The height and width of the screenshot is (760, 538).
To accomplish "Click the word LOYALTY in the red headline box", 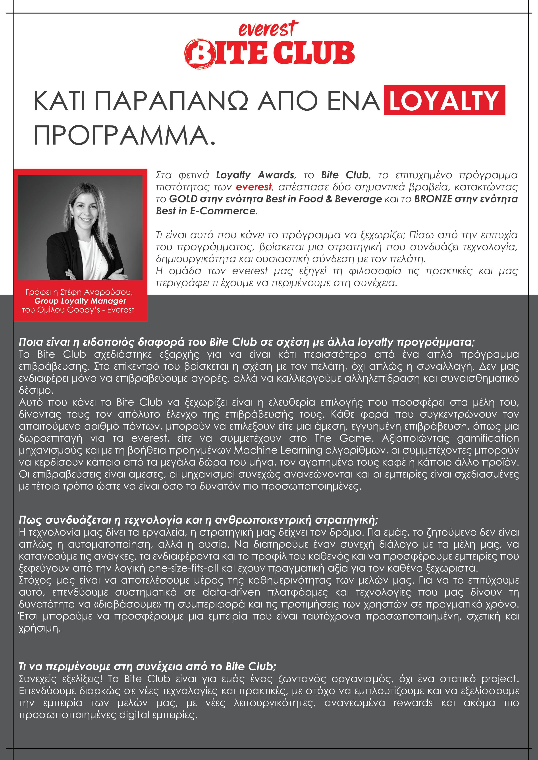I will [x=444, y=100].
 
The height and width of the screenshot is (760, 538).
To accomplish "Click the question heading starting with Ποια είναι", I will [x=247, y=342].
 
